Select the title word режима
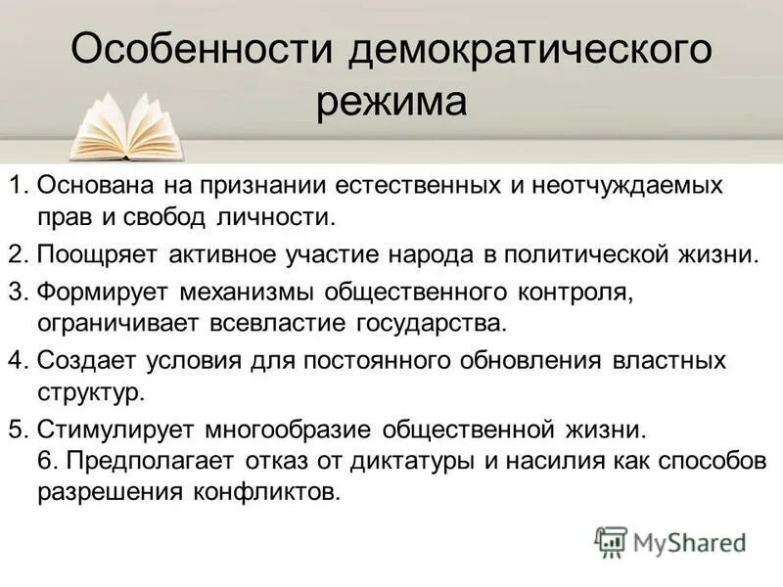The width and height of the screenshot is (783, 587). pyautogui.click(x=391, y=102)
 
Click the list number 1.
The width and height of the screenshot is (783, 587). pyautogui.click(x=18, y=185)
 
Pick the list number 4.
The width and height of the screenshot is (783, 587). pyautogui.click(x=18, y=360)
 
